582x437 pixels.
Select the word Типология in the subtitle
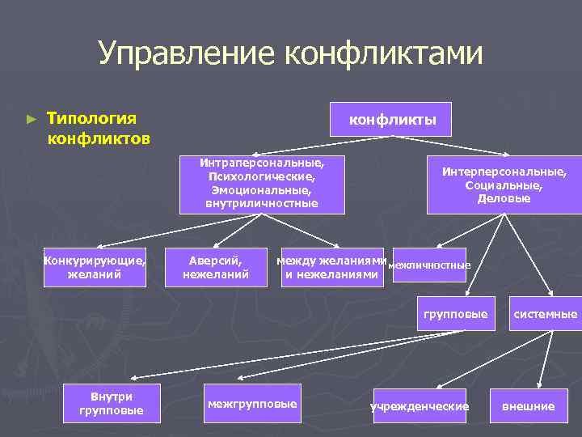click(91, 118)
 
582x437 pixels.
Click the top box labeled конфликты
click(392, 120)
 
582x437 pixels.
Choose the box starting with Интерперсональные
click(504, 185)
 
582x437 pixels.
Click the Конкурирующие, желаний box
click(95, 267)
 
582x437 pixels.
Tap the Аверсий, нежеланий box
click(215, 267)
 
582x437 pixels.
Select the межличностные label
click(429, 265)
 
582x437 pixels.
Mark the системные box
click(544, 313)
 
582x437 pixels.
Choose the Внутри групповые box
click(112, 403)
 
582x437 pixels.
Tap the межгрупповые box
click(251, 403)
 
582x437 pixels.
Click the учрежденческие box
click(420, 405)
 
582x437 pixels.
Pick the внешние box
click(529, 405)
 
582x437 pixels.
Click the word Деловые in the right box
click(504, 198)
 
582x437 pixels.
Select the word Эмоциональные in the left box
click(262, 189)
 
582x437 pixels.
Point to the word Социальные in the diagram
click(504, 185)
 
